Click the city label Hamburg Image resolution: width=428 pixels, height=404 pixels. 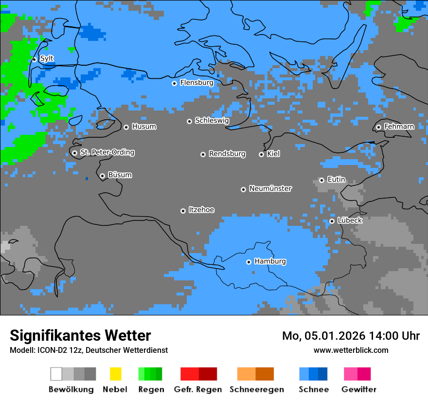coord(270,261)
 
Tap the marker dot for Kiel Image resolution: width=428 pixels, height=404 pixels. coord(261,154)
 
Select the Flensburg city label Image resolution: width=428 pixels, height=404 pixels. coord(196,83)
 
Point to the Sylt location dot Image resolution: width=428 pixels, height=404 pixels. coord(34,59)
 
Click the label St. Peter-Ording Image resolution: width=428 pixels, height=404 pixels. coord(107,152)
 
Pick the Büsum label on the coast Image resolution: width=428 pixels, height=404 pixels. coord(120,175)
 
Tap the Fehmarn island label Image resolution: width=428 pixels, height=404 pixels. coord(399,127)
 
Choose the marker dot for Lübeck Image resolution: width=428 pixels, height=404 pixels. coord(332,221)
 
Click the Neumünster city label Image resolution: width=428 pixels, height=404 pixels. coord(270,188)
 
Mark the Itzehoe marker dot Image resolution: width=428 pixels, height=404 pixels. coord(183,211)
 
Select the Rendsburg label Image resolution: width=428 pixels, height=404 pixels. coord(227,154)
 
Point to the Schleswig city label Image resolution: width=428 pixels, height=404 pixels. coord(212,120)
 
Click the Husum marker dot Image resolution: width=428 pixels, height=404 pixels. coord(126,127)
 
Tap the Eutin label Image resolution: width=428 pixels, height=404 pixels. coord(336,180)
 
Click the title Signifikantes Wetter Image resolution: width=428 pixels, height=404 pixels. coord(80,335)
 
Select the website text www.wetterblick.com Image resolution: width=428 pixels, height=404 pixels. coord(351,350)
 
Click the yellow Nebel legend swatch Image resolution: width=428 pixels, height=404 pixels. coord(115,374)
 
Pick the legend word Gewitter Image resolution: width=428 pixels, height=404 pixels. coord(359,389)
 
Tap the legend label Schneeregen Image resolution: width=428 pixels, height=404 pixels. coord(256,389)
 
